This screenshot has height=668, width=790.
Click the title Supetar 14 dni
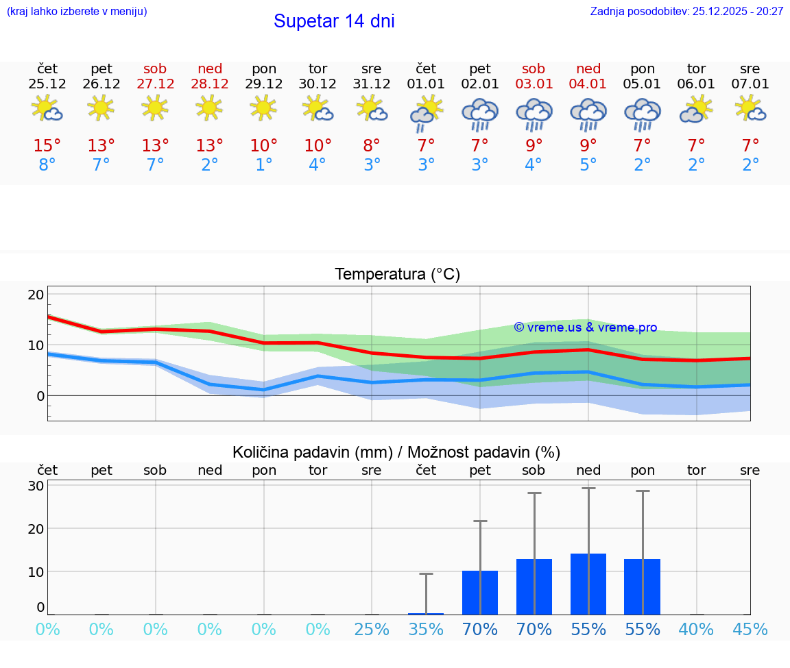click(x=334, y=21)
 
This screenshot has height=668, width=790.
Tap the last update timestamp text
click(x=686, y=11)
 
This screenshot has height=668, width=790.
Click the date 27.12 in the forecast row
click(x=155, y=84)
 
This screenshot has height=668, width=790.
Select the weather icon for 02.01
click(x=480, y=112)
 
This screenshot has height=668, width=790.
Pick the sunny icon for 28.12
click(x=209, y=108)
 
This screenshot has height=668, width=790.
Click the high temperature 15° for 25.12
click(x=47, y=146)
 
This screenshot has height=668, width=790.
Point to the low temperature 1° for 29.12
click(x=263, y=165)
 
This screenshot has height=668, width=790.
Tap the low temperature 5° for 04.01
click(x=588, y=165)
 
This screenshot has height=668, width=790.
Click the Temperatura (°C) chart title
click(x=397, y=275)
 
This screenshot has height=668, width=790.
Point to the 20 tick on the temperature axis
click(x=36, y=295)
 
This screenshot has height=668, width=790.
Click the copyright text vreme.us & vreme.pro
click(x=586, y=327)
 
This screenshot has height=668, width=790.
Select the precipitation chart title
click(x=396, y=452)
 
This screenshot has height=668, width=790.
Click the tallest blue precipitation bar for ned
click(x=588, y=584)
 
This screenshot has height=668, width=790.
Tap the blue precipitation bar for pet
click(x=480, y=593)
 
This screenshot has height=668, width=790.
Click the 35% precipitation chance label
click(x=426, y=629)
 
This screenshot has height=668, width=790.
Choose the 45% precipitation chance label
click(x=750, y=629)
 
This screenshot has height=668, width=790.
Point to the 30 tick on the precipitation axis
click(x=36, y=486)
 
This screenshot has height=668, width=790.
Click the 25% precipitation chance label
click(x=372, y=629)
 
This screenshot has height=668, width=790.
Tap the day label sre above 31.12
click(x=372, y=69)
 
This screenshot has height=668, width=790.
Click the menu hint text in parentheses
click(x=77, y=11)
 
